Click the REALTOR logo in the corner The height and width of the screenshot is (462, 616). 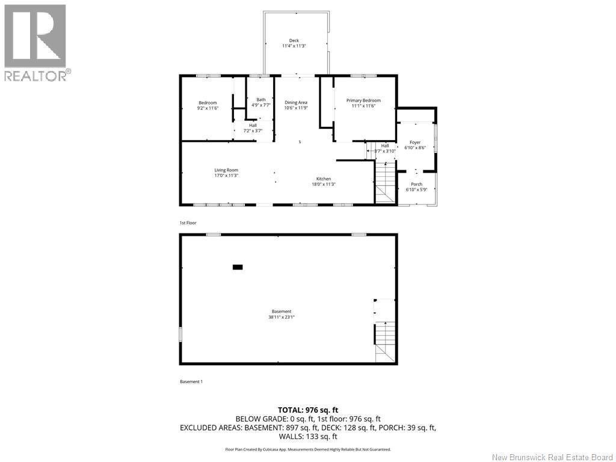(x=35, y=42)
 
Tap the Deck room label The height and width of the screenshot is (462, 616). (x=294, y=40)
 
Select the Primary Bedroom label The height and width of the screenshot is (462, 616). (x=363, y=100)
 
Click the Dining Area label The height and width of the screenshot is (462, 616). (x=296, y=102)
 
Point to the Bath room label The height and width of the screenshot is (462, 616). (x=260, y=100)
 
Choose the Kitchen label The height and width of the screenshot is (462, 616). (x=324, y=179)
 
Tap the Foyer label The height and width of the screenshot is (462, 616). (x=415, y=143)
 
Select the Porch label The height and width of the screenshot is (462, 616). (x=416, y=184)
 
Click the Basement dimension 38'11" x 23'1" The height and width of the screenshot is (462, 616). (x=282, y=317)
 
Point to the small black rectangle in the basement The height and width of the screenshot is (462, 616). (x=238, y=266)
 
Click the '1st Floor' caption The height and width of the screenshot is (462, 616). (x=188, y=223)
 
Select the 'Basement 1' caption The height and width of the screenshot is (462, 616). (x=191, y=381)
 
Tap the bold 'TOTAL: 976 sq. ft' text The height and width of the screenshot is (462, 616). (x=308, y=410)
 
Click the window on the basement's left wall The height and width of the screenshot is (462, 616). (x=180, y=334)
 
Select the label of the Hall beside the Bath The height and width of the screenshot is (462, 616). (x=253, y=125)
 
